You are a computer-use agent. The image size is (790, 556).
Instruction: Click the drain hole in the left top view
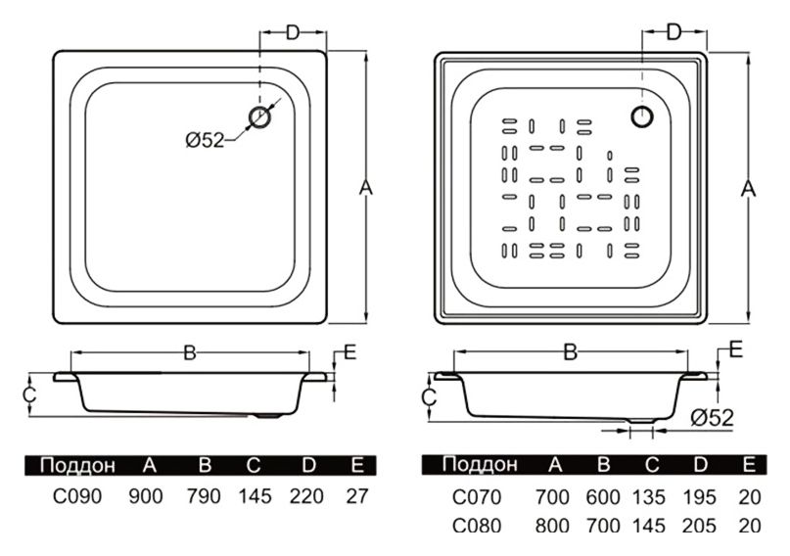[260, 118]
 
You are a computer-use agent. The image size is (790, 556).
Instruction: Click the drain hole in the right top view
[642, 116]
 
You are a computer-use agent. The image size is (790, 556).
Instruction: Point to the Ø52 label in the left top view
[204, 140]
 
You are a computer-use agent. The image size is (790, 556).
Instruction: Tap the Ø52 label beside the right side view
[712, 417]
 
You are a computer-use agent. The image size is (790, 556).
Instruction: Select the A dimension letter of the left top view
[365, 187]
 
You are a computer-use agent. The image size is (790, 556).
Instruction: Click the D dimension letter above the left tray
[292, 33]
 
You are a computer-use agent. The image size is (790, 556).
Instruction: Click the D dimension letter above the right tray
[674, 32]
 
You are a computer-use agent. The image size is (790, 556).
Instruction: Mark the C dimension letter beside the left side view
[30, 394]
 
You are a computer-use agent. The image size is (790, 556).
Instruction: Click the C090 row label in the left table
[73, 495]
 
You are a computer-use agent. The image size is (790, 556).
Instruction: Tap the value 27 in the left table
[357, 495]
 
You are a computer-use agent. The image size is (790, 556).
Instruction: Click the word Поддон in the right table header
[479, 464]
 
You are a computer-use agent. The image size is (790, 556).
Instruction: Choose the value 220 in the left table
[306, 495]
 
